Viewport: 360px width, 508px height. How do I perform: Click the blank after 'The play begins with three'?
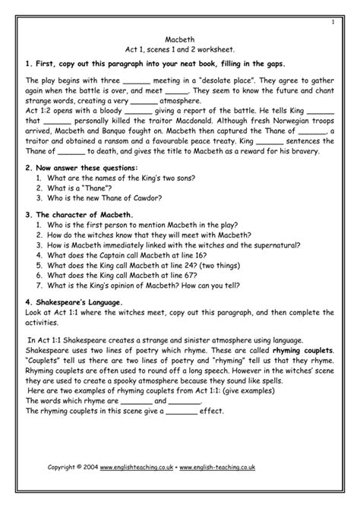137,80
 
